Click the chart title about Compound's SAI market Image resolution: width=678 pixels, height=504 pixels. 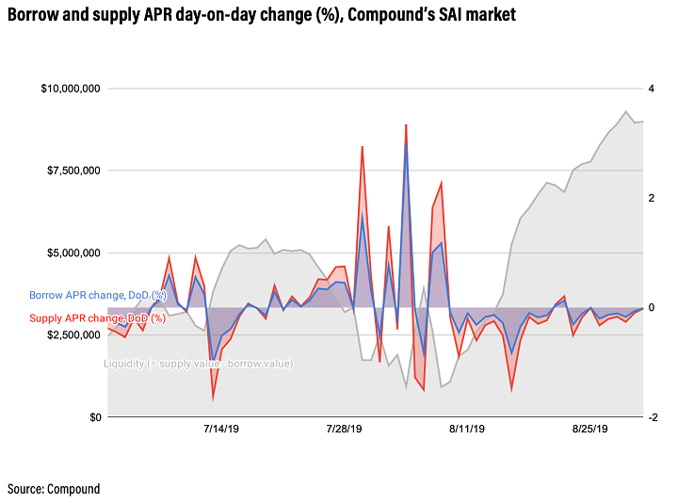click(x=261, y=17)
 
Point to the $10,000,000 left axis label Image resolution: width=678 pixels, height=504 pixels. click(x=72, y=89)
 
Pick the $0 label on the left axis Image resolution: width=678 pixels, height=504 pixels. click(x=94, y=417)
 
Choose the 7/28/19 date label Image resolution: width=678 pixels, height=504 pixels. click(x=344, y=430)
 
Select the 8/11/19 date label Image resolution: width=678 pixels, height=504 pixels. click(x=466, y=430)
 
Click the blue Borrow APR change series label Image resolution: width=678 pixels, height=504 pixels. click(x=97, y=295)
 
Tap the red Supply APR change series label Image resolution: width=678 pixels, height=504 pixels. click(x=97, y=318)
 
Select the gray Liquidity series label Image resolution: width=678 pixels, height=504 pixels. click(x=198, y=364)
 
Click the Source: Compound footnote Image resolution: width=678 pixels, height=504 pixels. click(x=54, y=489)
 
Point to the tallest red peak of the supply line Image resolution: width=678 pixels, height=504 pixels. click(x=406, y=124)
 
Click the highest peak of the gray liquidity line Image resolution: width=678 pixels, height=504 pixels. click(x=626, y=111)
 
